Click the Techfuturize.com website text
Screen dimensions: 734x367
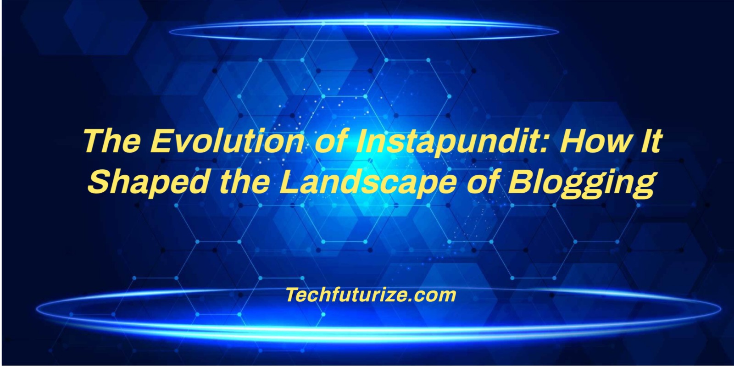pyautogui.click(x=371, y=295)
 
